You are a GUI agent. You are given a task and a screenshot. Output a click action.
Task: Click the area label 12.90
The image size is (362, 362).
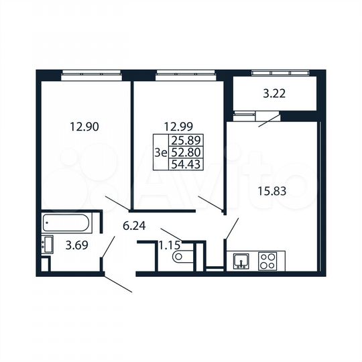85,125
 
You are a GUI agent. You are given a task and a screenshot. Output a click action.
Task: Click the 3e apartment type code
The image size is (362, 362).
160,153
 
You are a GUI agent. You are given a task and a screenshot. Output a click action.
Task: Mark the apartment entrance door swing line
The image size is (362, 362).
119,284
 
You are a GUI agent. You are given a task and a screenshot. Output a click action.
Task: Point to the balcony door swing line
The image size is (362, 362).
267,120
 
